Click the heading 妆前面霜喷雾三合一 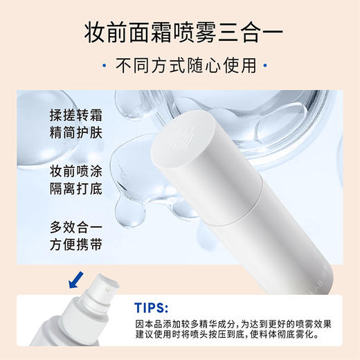tap(179, 31)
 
